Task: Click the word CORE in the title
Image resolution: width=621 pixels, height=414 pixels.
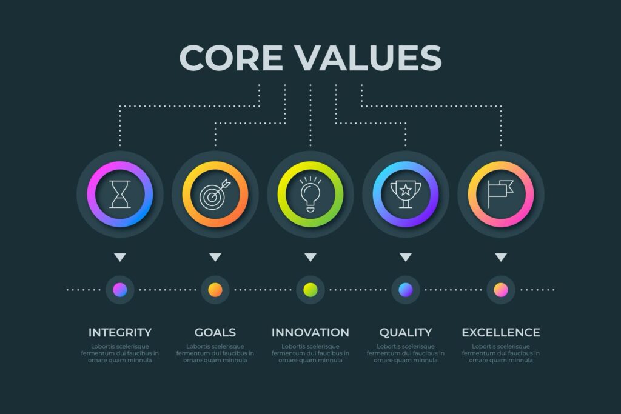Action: pyautogui.click(x=231, y=58)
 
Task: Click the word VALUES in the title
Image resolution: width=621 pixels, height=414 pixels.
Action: pyautogui.click(x=369, y=58)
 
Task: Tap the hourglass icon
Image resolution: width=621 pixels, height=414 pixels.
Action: pyautogui.click(x=120, y=194)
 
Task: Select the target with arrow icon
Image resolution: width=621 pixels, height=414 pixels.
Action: pyautogui.click(x=215, y=194)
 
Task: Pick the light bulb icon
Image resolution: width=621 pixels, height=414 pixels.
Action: pyautogui.click(x=310, y=194)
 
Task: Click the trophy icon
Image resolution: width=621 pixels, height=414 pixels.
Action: pyautogui.click(x=406, y=194)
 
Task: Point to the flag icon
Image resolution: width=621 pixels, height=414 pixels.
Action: pyautogui.click(x=501, y=194)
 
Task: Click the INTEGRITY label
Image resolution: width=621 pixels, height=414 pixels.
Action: pyautogui.click(x=120, y=332)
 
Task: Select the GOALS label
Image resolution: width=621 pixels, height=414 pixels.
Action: pyautogui.click(x=215, y=332)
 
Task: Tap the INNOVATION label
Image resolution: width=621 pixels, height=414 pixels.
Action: pyautogui.click(x=310, y=332)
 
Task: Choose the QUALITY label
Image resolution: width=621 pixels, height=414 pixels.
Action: pyautogui.click(x=406, y=332)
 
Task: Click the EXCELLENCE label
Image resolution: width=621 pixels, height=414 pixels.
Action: pyautogui.click(x=501, y=332)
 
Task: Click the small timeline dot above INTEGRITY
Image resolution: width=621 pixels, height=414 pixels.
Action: pyautogui.click(x=120, y=290)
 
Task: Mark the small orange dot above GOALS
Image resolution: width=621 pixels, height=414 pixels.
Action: pyautogui.click(x=215, y=290)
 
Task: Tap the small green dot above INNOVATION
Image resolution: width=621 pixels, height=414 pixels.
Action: pyautogui.click(x=310, y=290)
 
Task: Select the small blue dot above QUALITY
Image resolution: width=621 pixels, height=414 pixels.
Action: pyautogui.click(x=406, y=290)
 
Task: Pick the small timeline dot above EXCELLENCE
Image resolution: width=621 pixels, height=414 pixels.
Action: pyautogui.click(x=501, y=290)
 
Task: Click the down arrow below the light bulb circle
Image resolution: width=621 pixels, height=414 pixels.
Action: pyautogui.click(x=310, y=258)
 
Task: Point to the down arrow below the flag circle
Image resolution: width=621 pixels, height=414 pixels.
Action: pyautogui.click(x=501, y=258)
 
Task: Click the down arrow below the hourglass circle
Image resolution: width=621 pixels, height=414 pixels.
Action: pyautogui.click(x=120, y=258)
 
